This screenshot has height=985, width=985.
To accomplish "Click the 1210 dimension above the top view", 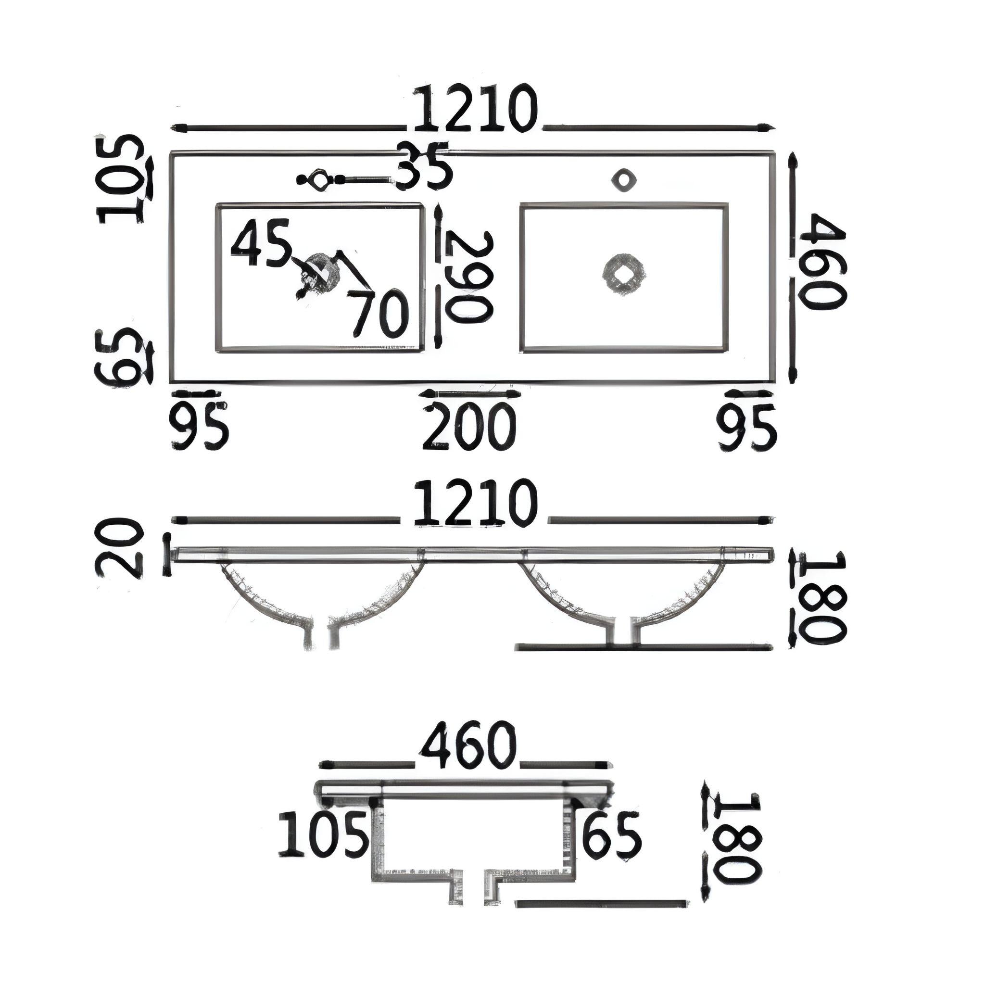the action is tap(475, 110).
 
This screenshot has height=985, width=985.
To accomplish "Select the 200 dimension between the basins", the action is tap(469, 427).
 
